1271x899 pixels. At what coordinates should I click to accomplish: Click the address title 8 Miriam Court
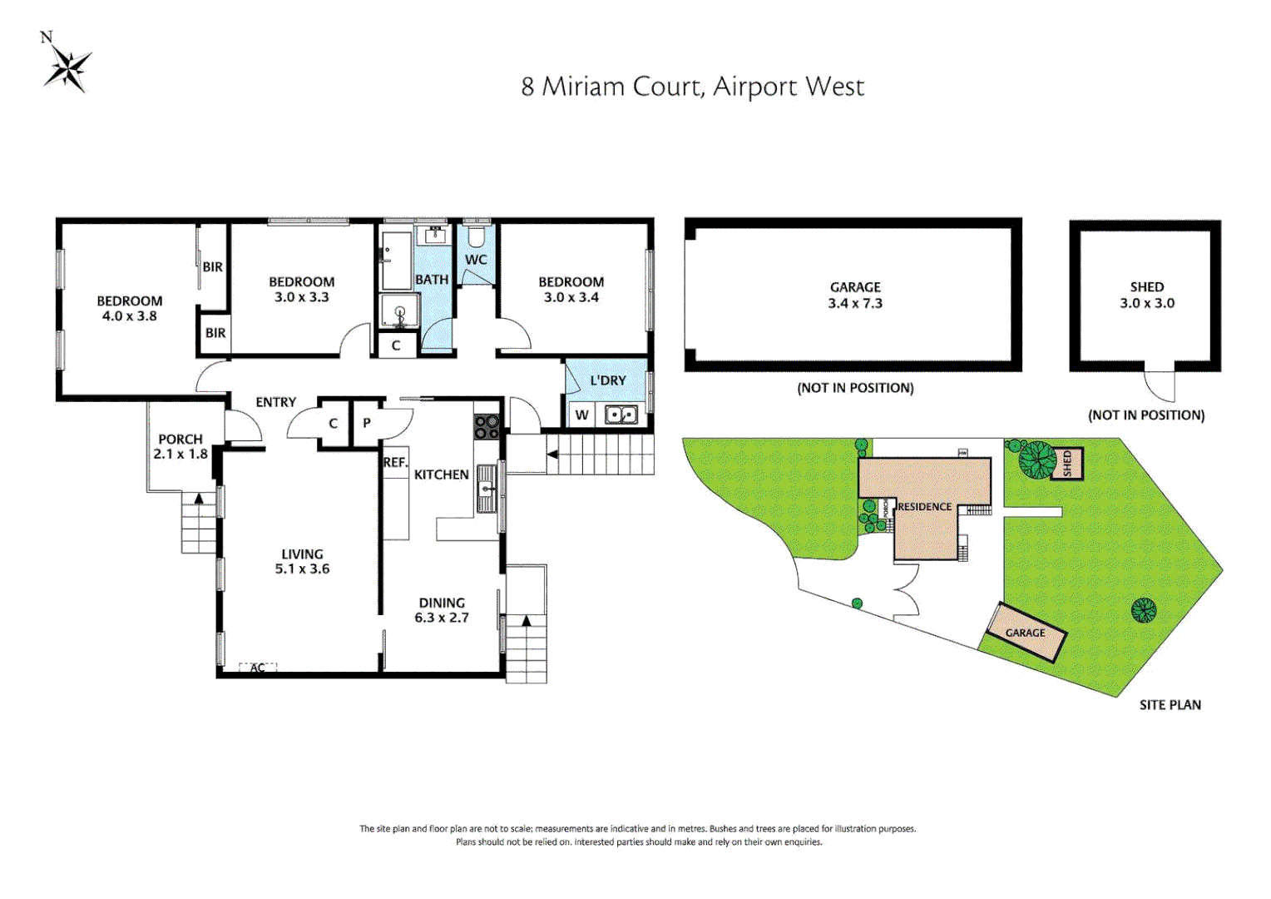pyautogui.click(x=692, y=87)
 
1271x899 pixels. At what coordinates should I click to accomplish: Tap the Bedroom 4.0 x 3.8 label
pyautogui.click(x=129, y=308)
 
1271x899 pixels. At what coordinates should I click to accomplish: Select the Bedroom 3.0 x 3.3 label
pyautogui.click(x=301, y=290)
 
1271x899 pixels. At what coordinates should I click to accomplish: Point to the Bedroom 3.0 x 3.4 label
pyautogui.click(x=571, y=290)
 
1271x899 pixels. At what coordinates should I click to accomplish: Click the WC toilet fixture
pyautogui.click(x=476, y=237)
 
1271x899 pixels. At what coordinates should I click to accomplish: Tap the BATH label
pyautogui.click(x=432, y=280)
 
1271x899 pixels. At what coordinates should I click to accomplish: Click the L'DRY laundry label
pyautogui.click(x=607, y=380)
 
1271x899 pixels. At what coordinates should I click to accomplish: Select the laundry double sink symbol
pyautogui.click(x=621, y=414)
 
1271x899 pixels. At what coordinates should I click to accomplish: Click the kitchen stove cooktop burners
pyautogui.click(x=487, y=426)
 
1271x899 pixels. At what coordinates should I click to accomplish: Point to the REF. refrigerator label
pyautogui.click(x=395, y=463)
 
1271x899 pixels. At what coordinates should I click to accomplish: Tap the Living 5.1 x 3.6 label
pyautogui.click(x=302, y=561)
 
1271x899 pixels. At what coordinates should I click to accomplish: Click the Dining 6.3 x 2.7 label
pyautogui.click(x=442, y=610)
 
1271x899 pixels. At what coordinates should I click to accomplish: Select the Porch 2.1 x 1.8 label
pyautogui.click(x=181, y=446)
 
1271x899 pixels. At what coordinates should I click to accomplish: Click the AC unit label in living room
pyautogui.click(x=258, y=668)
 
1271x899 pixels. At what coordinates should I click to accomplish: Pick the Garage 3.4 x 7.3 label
pyautogui.click(x=855, y=295)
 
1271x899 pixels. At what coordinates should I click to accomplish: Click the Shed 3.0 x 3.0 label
pyautogui.click(x=1147, y=295)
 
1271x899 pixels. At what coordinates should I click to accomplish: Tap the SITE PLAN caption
pyautogui.click(x=1170, y=705)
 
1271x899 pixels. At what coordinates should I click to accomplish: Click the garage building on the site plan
pyautogui.click(x=1026, y=633)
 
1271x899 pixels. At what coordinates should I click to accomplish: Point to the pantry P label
pyautogui.click(x=367, y=423)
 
